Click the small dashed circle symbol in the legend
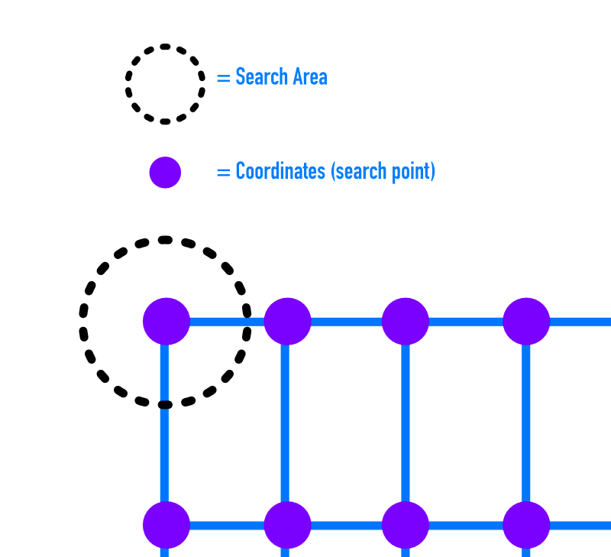pos(165,84)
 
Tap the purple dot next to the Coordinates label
pos(165,173)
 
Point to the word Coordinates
pos(280,171)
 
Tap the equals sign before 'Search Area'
pos(223,78)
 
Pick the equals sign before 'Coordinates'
pos(223,172)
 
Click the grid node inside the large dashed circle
pos(166,322)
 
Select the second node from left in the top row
pos(287,322)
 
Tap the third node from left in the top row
pos(405,322)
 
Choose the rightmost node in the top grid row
pos(526,322)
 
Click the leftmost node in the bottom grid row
pos(166,525)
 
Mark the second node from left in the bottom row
pos(287,525)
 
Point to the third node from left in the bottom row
pos(405,525)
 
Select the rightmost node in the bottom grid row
pos(526,525)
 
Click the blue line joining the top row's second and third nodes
pos(346,322)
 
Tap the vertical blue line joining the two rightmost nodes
pos(526,423)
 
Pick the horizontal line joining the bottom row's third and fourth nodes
pos(466,526)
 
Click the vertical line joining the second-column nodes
pos(286,423)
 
